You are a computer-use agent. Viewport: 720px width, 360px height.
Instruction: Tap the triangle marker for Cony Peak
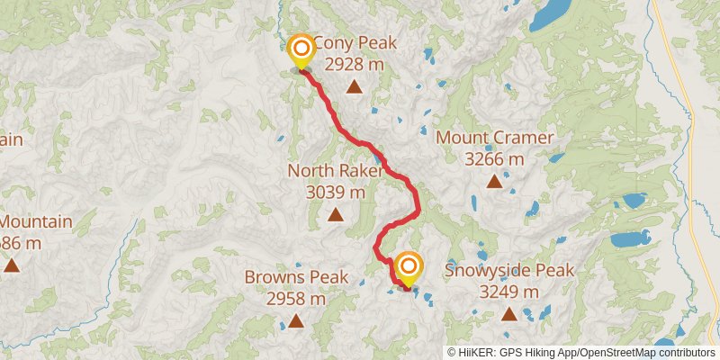click(x=355, y=87)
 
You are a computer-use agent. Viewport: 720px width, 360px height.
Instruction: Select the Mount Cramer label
click(x=494, y=138)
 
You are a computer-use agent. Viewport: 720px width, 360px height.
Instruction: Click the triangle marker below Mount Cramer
click(x=494, y=182)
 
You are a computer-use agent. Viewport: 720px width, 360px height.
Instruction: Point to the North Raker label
click(x=335, y=171)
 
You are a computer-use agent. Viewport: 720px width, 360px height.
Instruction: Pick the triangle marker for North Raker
click(x=336, y=214)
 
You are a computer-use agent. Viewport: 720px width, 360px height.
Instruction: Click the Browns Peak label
click(x=296, y=277)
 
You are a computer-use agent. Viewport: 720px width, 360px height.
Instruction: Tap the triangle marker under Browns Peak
click(x=296, y=321)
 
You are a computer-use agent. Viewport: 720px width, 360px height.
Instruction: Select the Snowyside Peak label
click(x=509, y=270)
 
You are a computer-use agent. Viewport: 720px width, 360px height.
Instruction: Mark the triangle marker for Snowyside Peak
click(x=509, y=314)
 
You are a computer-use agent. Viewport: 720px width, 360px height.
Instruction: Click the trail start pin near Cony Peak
click(x=300, y=50)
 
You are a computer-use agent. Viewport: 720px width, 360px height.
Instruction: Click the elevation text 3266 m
click(x=494, y=159)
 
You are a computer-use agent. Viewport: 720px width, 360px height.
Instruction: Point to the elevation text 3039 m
click(x=336, y=192)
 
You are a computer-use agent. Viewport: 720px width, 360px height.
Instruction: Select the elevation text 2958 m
click(x=296, y=299)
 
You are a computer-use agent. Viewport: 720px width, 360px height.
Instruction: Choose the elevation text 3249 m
click(x=509, y=292)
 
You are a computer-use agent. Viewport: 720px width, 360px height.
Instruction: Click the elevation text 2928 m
click(x=355, y=65)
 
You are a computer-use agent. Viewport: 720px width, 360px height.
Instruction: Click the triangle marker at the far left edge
click(x=12, y=265)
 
